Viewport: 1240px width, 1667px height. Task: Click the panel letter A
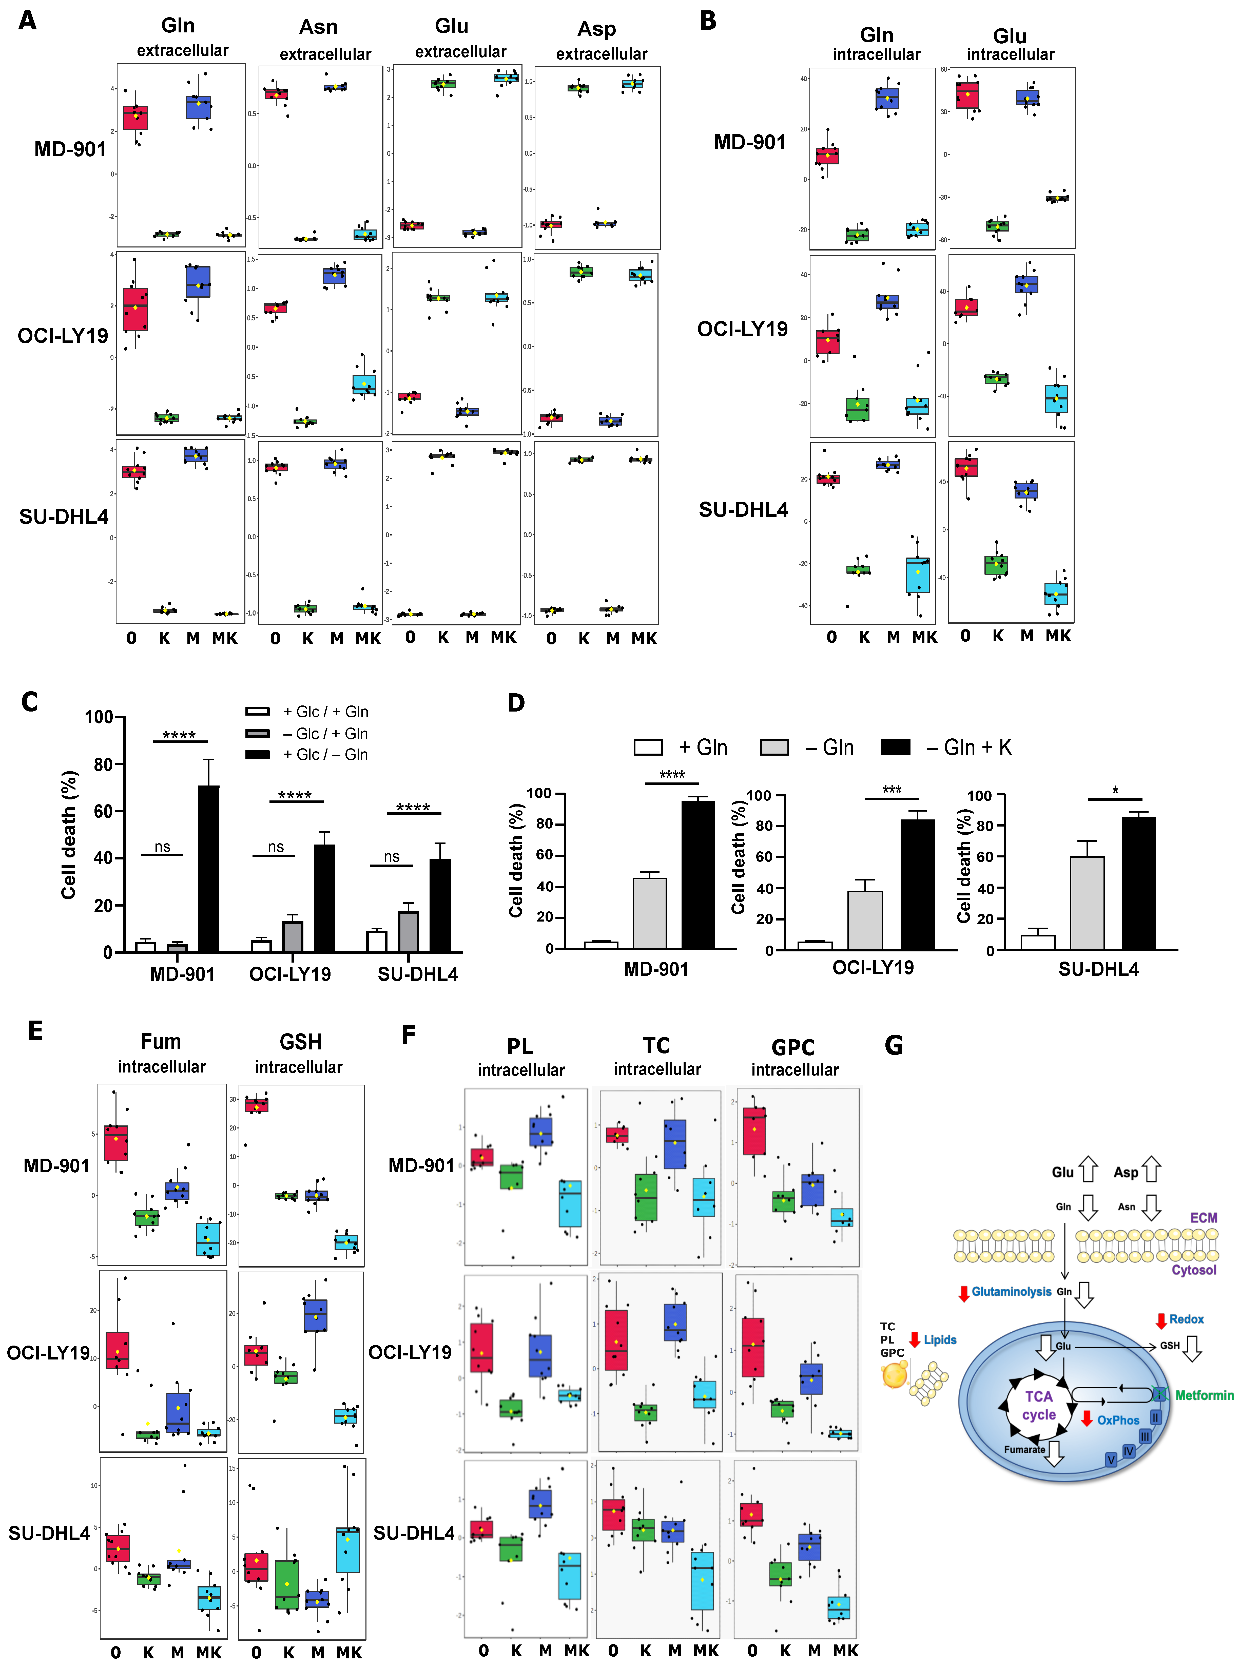coord(28,20)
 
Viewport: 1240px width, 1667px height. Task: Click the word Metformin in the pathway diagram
coord(1204,1395)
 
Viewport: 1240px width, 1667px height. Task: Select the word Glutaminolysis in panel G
coord(1011,1292)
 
